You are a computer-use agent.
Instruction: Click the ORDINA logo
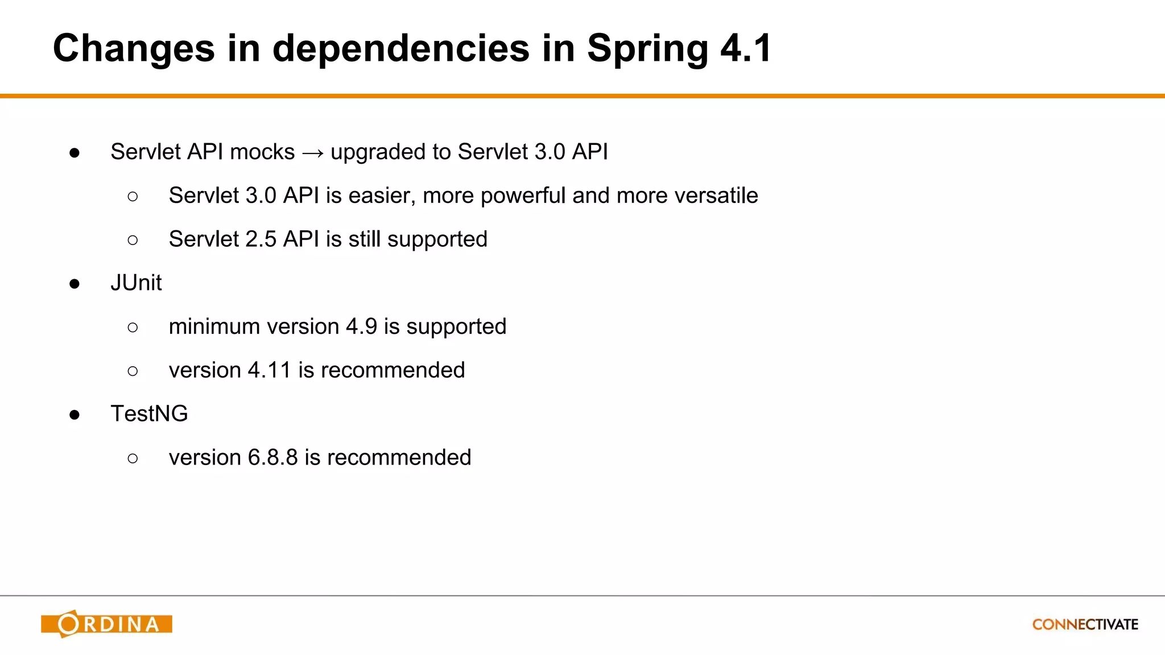pos(106,624)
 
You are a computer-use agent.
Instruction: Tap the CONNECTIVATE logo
pos(1085,624)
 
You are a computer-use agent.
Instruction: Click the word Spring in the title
pos(647,49)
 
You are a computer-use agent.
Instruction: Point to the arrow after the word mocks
pos(313,153)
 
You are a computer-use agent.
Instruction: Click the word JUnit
pos(136,283)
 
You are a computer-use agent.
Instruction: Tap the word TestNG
pos(149,413)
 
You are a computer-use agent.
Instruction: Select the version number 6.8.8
pos(272,457)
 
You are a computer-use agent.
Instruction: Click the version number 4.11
pos(270,370)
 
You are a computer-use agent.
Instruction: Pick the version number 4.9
pos(361,326)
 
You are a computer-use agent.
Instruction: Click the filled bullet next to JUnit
pos(75,284)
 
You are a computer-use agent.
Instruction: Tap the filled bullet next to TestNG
pos(75,414)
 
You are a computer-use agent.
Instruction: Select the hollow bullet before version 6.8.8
pos(133,458)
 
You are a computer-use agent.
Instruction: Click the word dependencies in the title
pos(401,49)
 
